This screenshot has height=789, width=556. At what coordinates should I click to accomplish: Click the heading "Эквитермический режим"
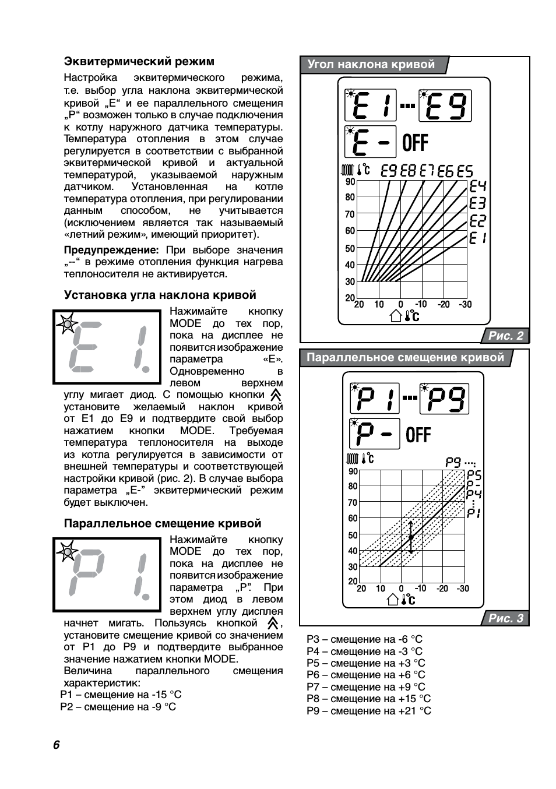pyautogui.click(x=139, y=62)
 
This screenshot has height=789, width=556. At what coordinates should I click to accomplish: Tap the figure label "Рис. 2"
pyautogui.click(x=505, y=336)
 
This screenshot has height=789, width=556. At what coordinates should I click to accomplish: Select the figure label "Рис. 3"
pyautogui.click(x=505, y=619)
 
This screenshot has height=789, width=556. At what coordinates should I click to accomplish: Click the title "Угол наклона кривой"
pyautogui.click(x=371, y=65)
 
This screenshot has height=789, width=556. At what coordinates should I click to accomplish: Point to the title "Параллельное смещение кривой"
pyautogui.click(x=405, y=358)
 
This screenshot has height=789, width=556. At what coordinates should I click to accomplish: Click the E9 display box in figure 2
pyautogui.click(x=446, y=105)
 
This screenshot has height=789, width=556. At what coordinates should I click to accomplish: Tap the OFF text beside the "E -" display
pyautogui.click(x=416, y=143)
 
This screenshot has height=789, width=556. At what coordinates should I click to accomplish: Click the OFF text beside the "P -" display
pyautogui.click(x=418, y=435)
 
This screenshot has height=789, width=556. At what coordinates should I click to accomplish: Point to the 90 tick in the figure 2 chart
pyautogui.click(x=350, y=181)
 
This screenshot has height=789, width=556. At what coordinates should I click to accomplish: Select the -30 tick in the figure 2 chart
pyautogui.click(x=464, y=304)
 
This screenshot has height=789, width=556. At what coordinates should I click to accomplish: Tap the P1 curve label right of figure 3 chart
pyautogui.click(x=474, y=513)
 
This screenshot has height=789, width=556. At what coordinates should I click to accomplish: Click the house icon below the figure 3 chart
pyautogui.click(x=394, y=599)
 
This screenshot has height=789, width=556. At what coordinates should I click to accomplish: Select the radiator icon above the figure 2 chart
pyautogui.click(x=349, y=170)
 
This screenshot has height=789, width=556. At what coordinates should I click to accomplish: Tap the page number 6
pyautogui.click(x=56, y=745)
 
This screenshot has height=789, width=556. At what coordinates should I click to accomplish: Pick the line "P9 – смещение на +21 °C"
pyautogui.click(x=369, y=711)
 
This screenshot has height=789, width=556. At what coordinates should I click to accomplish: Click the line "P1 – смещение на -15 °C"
pyautogui.click(x=121, y=695)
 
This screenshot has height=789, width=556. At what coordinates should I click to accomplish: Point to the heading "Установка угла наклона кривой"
pyautogui.click(x=160, y=295)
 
